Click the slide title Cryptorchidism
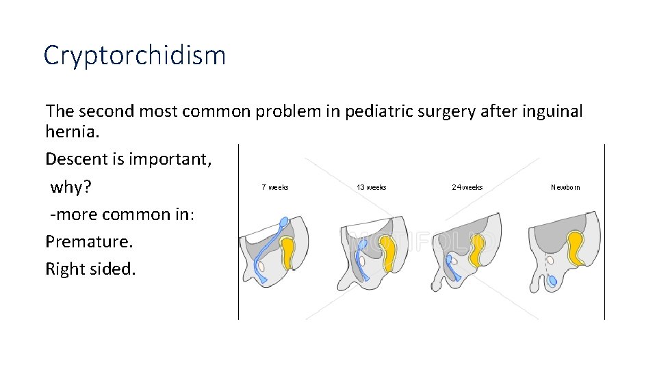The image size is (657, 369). point(134,55)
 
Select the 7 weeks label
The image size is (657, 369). point(274,187)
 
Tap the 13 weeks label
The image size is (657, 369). point(371,187)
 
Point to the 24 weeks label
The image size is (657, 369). point(467,187)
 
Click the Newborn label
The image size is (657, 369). point(565,187)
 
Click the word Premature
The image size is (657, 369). point(90,241)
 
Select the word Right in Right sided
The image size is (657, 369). point(66,269)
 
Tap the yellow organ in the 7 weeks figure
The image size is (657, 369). point(289,252)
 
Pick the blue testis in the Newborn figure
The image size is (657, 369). point(553,281)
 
